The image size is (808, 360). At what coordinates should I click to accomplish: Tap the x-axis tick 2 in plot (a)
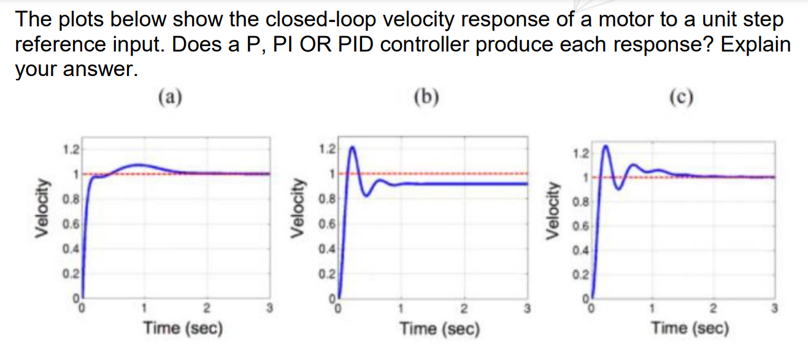pyautogui.click(x=207, y=307)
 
